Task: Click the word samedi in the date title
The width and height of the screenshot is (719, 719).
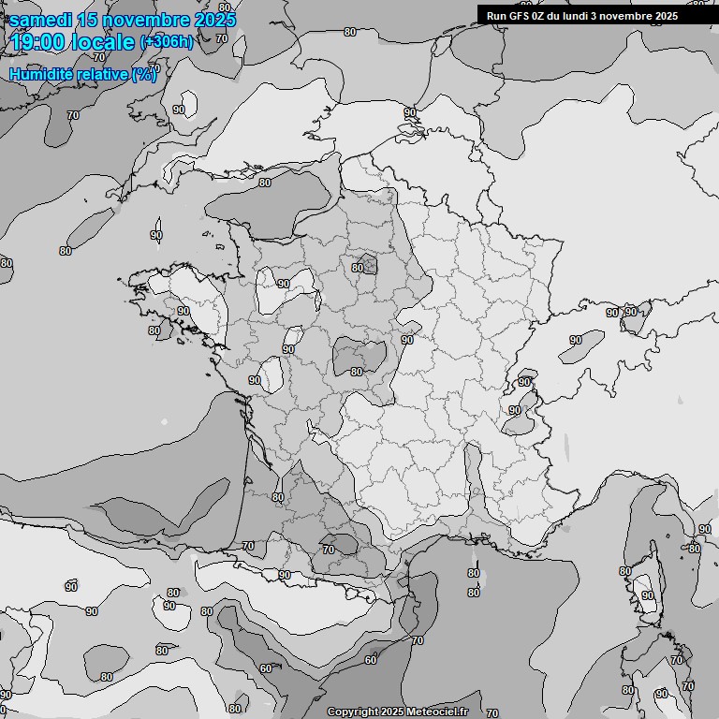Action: [x=43, y=20]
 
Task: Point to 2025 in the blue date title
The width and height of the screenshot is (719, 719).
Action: [x=214, y=20]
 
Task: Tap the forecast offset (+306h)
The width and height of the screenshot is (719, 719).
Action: [x=167, y=42]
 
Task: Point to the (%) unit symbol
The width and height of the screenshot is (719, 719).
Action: [x=144, y=75]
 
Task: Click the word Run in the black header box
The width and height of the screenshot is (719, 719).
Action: [x=497, y=15]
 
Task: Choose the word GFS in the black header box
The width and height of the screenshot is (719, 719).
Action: [x=521, y=15]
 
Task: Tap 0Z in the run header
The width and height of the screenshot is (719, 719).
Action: [x=543, y=15]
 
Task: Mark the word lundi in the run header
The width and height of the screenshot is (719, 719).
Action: [x=584, y=15]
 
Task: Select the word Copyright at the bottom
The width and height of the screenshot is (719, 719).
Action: [x=352, y=712]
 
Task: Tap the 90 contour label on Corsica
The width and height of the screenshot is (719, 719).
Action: [x=647, y=595]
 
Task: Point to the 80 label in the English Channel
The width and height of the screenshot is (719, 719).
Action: [x=265, y=183]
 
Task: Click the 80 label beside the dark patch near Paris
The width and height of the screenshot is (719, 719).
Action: [x=357, y=268]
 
